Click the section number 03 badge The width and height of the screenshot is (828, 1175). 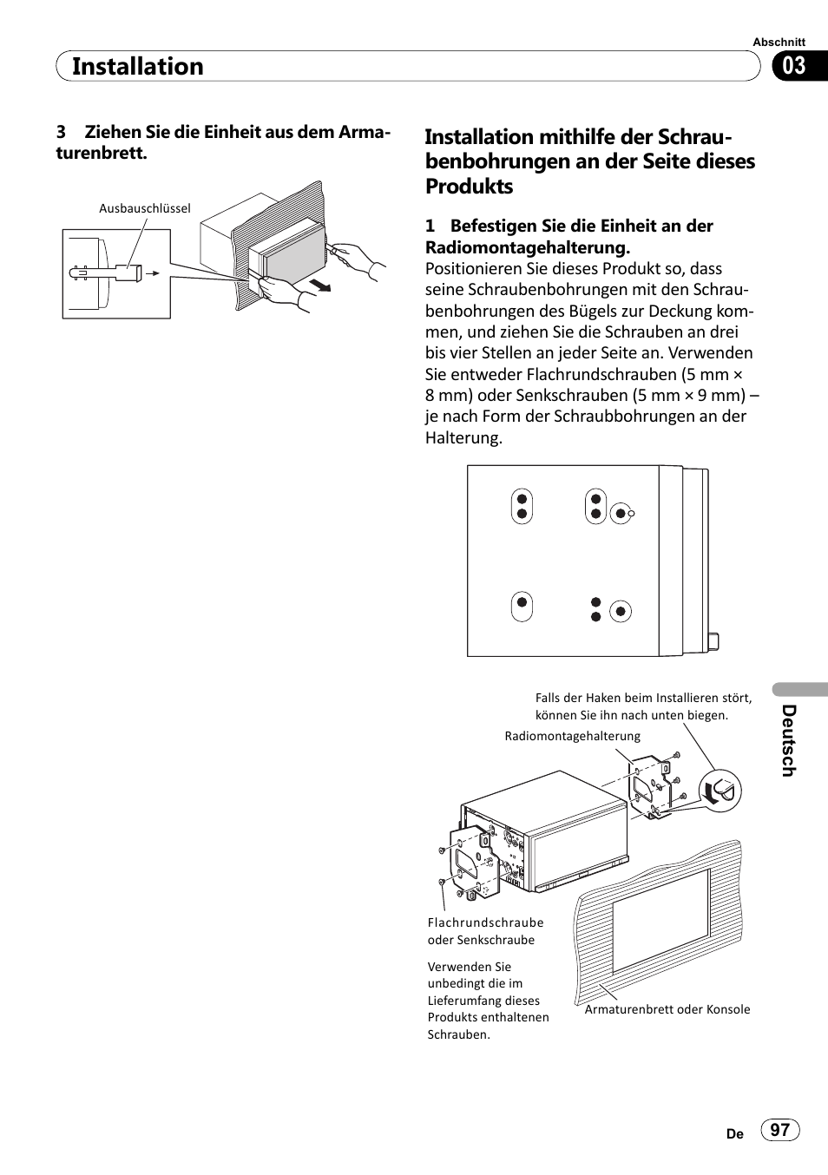point(794,66)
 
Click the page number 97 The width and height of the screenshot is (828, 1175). point(780,1129)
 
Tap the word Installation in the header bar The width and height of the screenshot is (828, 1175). point(138,67)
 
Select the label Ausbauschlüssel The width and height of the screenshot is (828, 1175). point(144,208)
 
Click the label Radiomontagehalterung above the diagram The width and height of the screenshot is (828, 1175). point(572,736)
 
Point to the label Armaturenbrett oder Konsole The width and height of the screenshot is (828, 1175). point(667,1009)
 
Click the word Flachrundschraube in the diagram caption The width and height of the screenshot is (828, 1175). point(485,922)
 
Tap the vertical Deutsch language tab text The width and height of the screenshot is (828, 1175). point(788,740)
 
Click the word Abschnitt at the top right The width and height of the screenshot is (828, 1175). point(779,42)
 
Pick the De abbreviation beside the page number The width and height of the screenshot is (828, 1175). point(735,1133)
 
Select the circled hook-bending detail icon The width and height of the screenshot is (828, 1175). point(720,791)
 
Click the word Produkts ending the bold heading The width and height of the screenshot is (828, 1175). point(469,187)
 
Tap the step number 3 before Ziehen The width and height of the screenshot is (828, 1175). point(61,132)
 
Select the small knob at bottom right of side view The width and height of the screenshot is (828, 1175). point(713,641)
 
